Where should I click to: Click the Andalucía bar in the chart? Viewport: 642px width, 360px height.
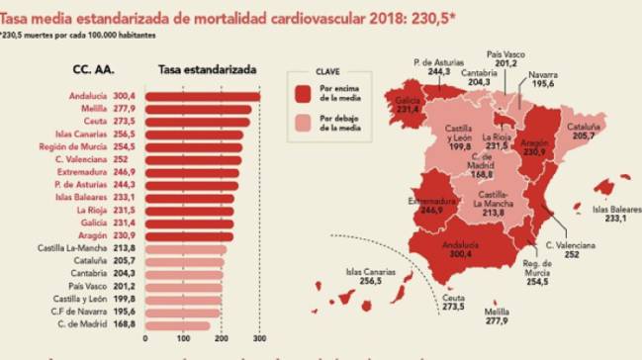203,96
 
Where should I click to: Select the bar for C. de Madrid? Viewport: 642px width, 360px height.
178,325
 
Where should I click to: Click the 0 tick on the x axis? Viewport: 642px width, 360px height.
145,339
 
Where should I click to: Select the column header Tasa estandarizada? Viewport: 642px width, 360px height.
208,71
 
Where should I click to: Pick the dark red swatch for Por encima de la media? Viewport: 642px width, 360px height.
305,93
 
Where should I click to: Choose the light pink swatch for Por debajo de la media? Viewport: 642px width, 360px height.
305,122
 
